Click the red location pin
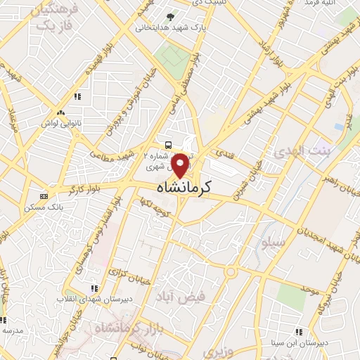click(x=181, y=165)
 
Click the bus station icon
click(x=167, y=144)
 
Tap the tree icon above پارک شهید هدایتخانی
click(x=168, y=16)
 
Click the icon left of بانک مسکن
click(x=44, y=195)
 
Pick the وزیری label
click(x=213, y=349)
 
